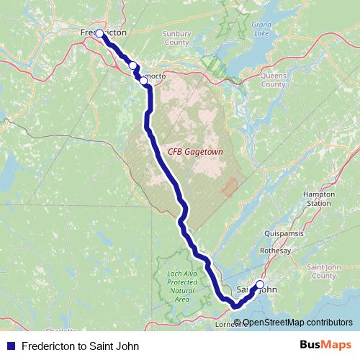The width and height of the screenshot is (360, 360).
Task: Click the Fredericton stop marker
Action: pos(100,33)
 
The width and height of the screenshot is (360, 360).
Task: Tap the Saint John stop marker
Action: pos(260,284)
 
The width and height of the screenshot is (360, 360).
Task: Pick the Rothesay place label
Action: pos(276,250)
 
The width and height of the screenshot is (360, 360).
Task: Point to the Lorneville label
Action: pos(232,324)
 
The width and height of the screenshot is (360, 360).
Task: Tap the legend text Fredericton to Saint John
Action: pos(79,346)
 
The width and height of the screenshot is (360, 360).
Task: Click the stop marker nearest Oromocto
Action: pos(144,81)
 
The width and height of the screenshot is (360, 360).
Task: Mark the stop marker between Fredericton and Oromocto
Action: pos(132,66)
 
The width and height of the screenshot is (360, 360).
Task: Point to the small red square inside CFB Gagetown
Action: pos(230,187)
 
